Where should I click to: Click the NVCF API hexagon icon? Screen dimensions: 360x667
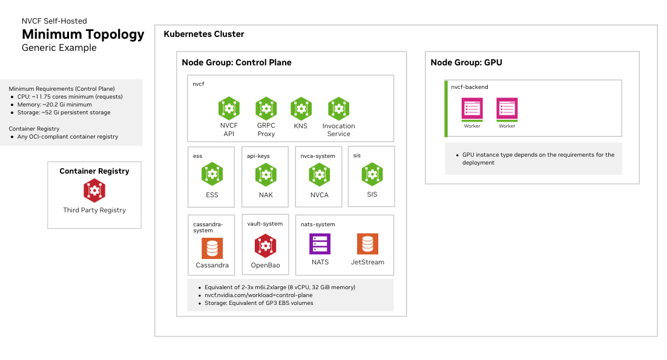[x=229, y=108]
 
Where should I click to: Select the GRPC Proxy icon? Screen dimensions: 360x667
[x=266, y=108]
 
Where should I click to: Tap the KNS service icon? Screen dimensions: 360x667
[x=301, y=108]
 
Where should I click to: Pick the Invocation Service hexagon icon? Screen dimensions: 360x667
[x=338, y=108]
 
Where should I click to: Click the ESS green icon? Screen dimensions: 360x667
[x=212, y=174]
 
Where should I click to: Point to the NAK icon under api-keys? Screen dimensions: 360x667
[x=266, y=174]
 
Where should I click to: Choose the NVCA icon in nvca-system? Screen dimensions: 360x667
[x=319, y=174]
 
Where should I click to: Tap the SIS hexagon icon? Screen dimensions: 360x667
[x=372, y=174]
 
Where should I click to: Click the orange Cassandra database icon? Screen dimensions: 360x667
[x=212, y=248]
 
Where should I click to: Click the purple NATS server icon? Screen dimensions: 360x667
[x=320, y=244]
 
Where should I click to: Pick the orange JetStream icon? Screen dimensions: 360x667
[x=367, y=244]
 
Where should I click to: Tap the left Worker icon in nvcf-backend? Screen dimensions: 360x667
[x=472, y=110]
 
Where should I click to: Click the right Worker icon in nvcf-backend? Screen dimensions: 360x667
[x=507, y=110]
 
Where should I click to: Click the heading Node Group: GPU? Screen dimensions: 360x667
[x=466, y=62]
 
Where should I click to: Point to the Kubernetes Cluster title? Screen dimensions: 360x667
[x=204, y=34]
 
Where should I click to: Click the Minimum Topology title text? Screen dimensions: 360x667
[x=83, y=34]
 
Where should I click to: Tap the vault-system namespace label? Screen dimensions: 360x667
[x=264, y=224]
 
